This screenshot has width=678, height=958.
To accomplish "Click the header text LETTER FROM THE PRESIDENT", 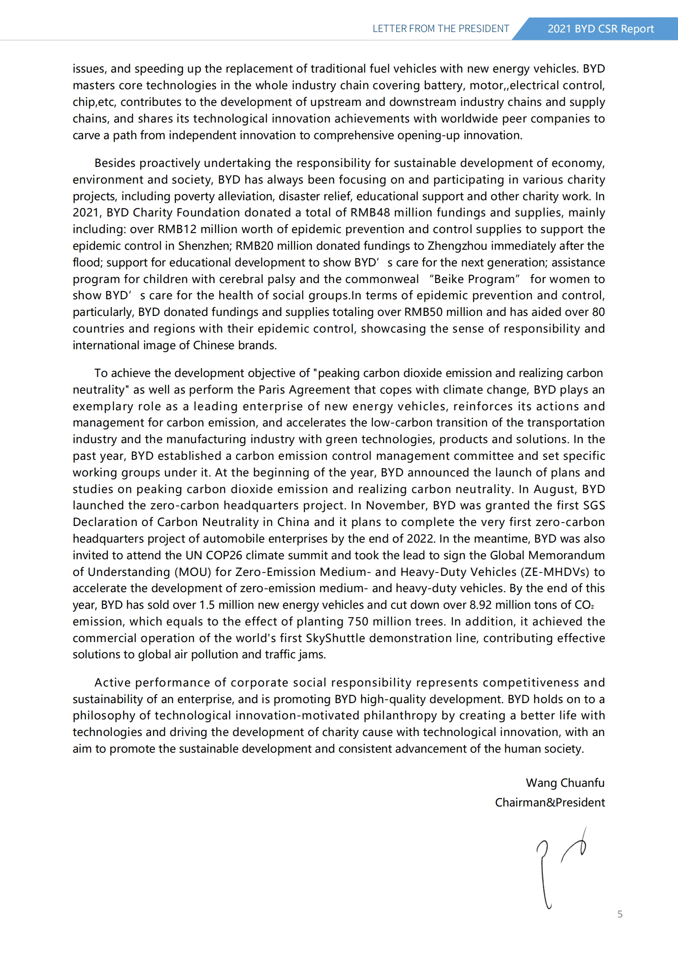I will click(x=440, y=29).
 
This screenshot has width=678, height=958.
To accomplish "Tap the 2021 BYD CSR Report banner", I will click(x=600, y=29).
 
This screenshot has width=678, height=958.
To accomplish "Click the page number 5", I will click(x=619, y=914).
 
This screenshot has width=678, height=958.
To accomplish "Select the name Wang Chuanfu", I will click(x=565, y=783).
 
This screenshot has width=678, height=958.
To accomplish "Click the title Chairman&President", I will click(x=549, y=802).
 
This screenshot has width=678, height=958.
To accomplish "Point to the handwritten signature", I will click(x=560, y=867).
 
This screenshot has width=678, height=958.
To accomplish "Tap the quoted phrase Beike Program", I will click(x=474, y=279).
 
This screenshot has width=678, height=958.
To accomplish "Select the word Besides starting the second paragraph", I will click(x=115, y=163).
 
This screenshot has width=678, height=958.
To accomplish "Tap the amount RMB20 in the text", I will click(x=254, y=246).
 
